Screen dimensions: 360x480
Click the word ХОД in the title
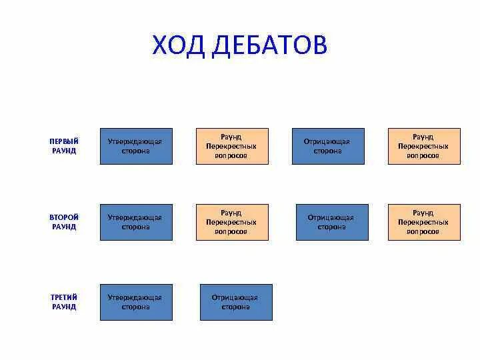(x=179, y=45)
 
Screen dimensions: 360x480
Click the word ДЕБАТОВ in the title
(x=269, y=45)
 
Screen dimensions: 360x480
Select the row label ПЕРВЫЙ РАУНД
(x=64, y=146)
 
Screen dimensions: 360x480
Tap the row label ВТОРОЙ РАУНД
(x=64, y=222)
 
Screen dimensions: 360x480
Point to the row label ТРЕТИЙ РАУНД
(x=64, y=302)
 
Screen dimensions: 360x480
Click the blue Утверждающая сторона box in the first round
(x=136, y=146)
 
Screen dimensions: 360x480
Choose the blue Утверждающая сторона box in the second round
(x=136, y=222)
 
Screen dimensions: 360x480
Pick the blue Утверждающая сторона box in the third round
(x=136, y=302)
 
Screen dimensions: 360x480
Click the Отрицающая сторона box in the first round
(x=328, y=146)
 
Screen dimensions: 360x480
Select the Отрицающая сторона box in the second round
(x=331, y=222)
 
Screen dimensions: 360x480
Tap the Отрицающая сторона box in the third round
(x=236, y=302)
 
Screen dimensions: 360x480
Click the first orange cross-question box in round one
(x=232, y=146)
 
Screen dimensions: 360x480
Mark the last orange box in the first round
(x=424, y=146)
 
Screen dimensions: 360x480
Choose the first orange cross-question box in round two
(x=232, y=222)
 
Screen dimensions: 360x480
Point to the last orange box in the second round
(x=424, y=222)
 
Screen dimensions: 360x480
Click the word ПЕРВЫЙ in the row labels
(x=64, y=141)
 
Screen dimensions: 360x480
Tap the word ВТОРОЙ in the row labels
(x=64, y=217)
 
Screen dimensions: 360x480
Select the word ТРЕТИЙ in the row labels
(x=64, y=297)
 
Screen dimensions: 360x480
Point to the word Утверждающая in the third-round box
(x=135, y=297)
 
